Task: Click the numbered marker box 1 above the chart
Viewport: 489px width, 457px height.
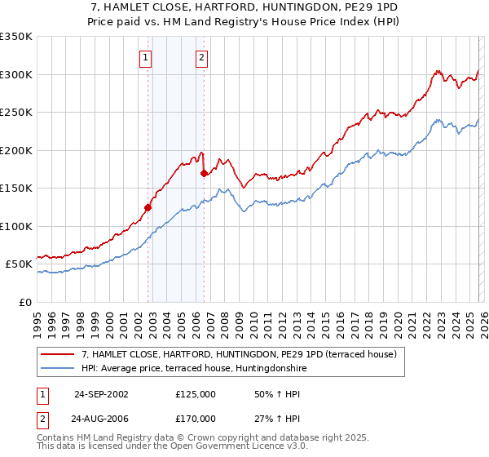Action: (145, 57)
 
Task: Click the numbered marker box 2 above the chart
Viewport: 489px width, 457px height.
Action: (201, 57)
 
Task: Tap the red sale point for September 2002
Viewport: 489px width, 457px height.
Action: (148, 207)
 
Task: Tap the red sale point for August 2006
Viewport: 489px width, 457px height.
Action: (204, 173)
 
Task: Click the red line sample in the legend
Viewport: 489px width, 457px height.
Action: (58, 354)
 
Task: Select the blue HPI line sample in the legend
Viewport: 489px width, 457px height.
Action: (58, 368)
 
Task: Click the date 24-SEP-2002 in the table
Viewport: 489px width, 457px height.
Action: (101, 394)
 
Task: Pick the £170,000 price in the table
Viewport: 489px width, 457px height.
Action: (195, 418)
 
